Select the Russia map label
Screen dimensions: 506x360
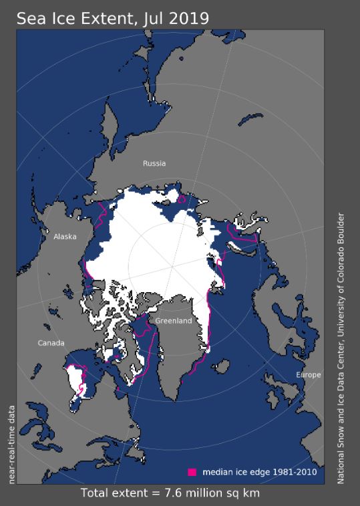pos(154,163)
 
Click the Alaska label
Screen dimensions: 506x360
pos(65,237)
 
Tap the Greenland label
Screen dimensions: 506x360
pos(174,321)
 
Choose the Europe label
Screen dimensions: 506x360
pos(309,375)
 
